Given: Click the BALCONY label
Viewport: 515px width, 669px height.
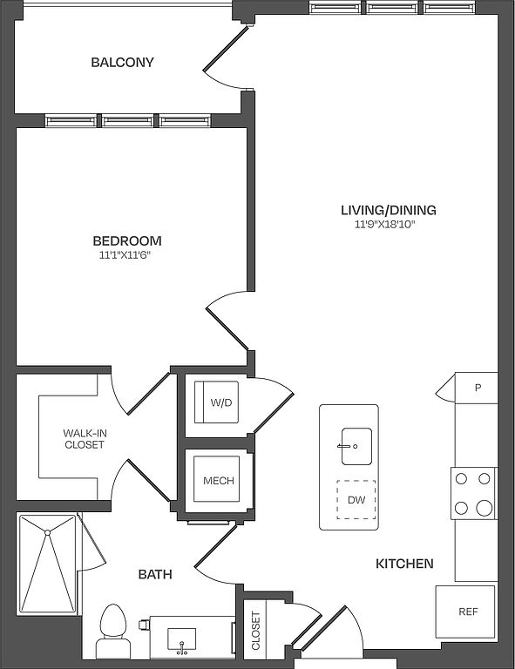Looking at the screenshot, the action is [x=122, y=63].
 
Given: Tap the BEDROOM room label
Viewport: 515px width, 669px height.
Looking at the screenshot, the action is [x=127, y=241].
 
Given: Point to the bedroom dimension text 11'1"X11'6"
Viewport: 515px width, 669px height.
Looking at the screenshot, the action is [x=125, y=255].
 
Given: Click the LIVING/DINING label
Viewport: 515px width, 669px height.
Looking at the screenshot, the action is [x=389, y=210].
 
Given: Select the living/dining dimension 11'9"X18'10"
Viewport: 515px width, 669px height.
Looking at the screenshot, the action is [x=385, y=225].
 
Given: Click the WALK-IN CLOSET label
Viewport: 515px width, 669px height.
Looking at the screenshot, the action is [x=85, y=439].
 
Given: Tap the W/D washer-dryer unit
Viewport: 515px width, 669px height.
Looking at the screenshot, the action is [x=216, y=402].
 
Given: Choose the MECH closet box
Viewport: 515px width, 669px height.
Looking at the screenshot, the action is [x=216, y=479].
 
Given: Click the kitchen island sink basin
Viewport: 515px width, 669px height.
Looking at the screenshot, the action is [x=356, y=446].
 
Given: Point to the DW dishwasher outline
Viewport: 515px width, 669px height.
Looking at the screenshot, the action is [x=356, y=500].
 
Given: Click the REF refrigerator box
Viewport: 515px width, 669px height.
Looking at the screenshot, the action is [x=465, y=612].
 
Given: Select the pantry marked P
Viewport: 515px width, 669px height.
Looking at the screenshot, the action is [x=476, y=388].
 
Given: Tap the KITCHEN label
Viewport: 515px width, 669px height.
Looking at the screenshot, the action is [x=404, y=564].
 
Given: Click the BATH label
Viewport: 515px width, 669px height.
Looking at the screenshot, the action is [x=155, y=574].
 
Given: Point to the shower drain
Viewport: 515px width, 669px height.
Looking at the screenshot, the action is [x=48, y=532].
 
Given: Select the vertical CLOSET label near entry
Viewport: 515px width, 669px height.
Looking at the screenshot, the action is [x=255, y=631].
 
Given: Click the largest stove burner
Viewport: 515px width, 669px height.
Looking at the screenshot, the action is [x=485, y=508].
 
